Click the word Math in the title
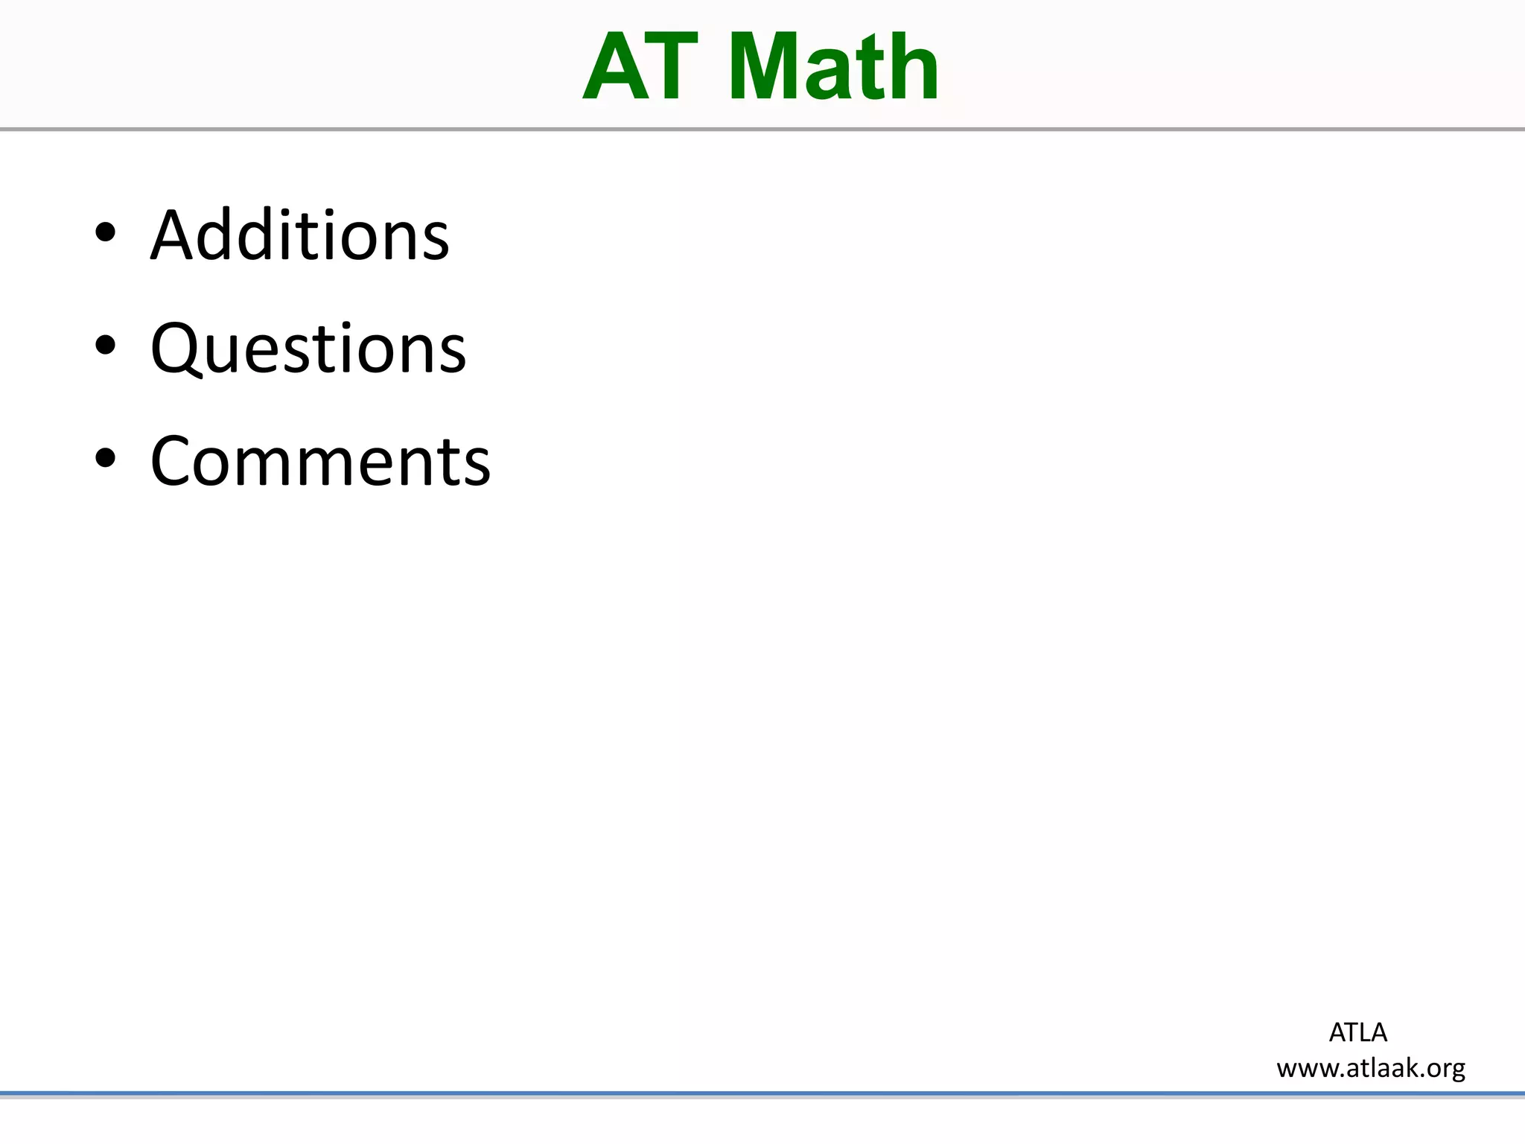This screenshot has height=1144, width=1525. tap(833, 68)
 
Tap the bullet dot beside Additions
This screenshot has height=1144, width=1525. tap(106, 232)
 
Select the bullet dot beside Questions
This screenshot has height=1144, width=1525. tap(106, 345)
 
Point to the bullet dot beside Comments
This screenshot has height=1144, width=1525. tap(106, 458)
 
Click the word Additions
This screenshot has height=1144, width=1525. tap(299, 235)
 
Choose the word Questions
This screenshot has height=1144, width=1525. tap(308, 349)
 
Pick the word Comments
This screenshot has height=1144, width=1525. tap(320, 462)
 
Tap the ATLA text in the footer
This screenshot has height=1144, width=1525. tap(1357, 1032)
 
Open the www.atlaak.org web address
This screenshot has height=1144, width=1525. tap(1371, 1068)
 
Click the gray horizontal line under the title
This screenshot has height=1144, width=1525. tap(762, 130)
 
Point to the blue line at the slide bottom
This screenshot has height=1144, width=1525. tap(762, 1094)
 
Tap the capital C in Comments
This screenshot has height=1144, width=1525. tap(173, 462)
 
